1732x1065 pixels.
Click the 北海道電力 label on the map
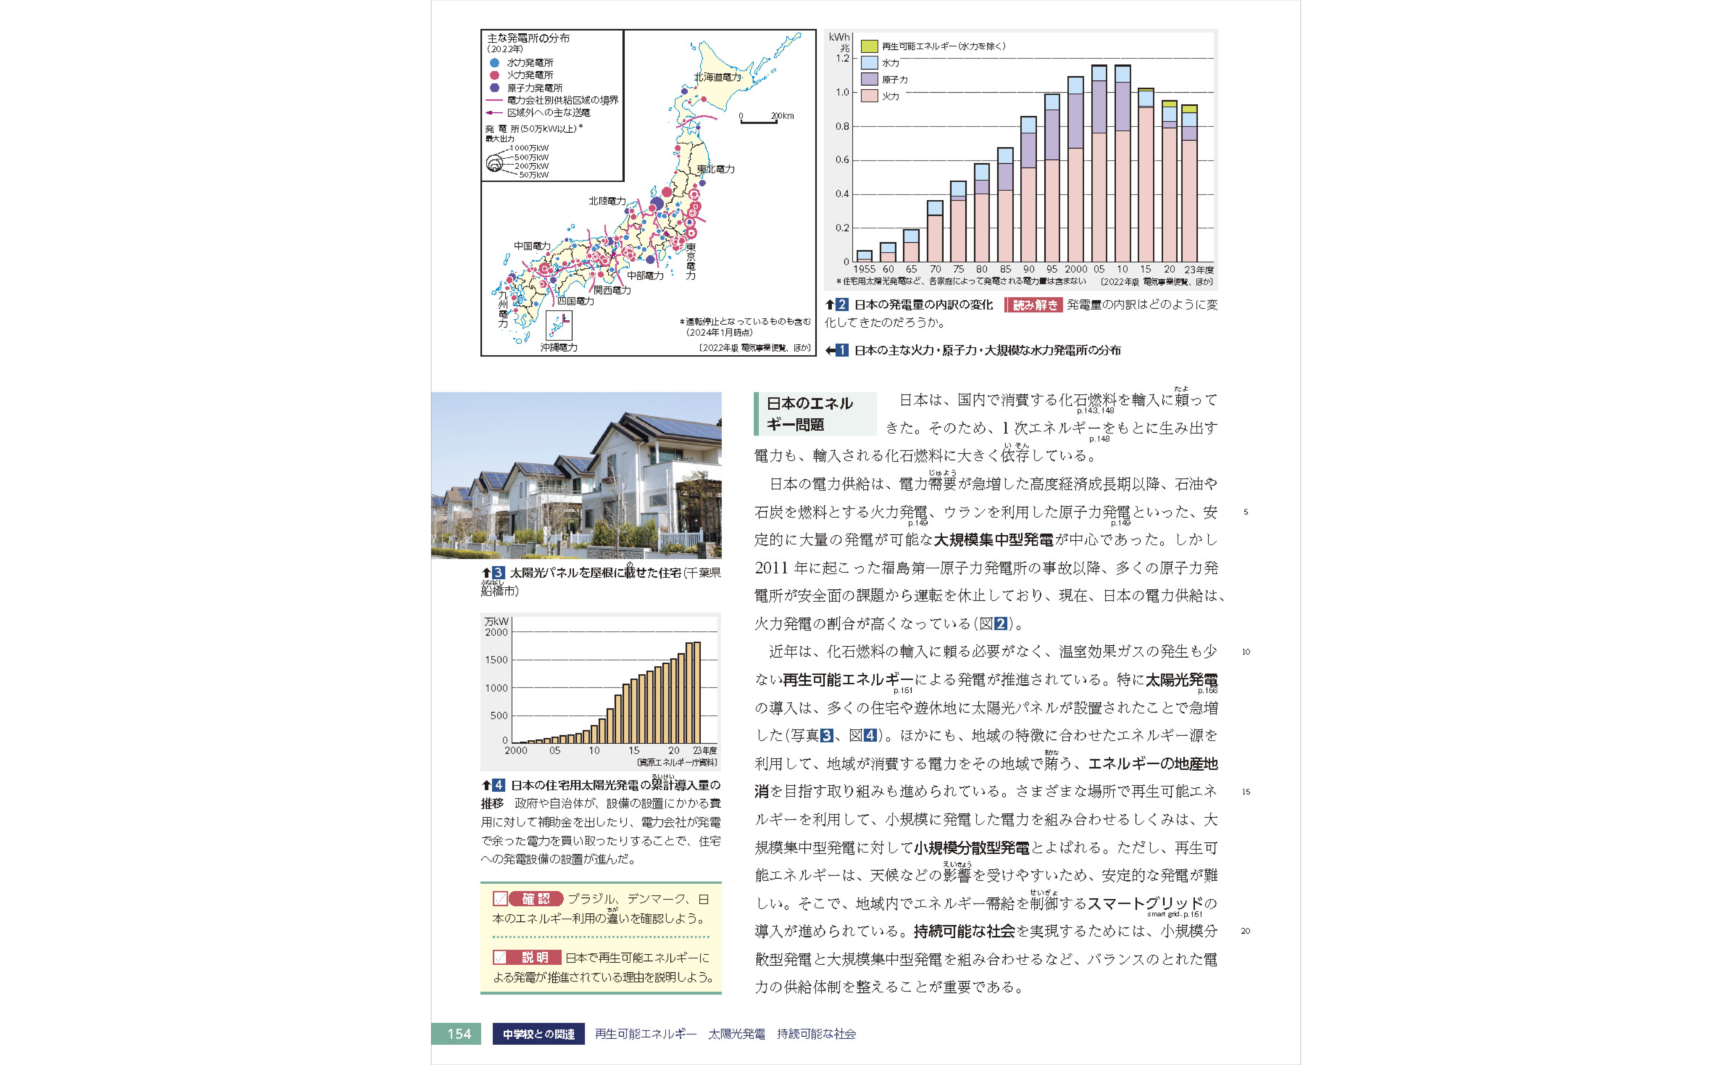click(x=717, y=77)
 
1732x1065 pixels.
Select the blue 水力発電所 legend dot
click(x=494, y=63)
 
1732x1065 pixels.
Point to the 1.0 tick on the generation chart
click(x=842, y=92)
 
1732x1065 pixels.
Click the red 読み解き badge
click(x=1033, y=305)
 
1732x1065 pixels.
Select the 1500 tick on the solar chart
click(x=496, y=660)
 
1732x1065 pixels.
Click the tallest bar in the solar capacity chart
click(x=697, y=692)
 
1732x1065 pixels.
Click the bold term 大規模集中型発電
click(x=993, y=540)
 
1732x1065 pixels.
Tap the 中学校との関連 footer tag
click(x=539, y=1034)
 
